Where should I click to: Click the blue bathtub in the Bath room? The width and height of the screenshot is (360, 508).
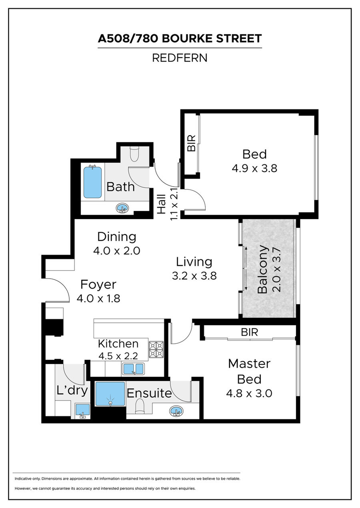(92, 182)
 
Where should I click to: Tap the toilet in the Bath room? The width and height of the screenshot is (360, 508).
(134, 153)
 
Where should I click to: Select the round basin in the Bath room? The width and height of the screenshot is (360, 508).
(122, 208)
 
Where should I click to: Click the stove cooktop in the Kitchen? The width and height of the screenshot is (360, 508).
(156, 349)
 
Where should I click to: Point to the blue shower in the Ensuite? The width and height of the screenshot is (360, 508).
(110, 394)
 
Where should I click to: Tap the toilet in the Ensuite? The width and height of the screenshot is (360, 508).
(139, 406)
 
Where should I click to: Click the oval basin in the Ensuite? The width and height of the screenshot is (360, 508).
(176, 411)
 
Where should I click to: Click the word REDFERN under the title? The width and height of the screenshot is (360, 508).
(180, 58)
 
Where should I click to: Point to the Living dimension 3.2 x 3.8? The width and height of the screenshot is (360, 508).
(194, 276)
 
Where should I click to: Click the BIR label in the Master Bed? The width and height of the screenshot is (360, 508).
(250, 332)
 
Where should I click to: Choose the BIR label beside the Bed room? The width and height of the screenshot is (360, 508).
(191, 143)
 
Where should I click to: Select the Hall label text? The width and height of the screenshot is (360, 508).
(162, 204)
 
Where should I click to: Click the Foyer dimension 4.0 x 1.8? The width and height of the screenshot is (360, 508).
(98, 299)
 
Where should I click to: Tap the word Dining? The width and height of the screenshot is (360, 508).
(117, 237)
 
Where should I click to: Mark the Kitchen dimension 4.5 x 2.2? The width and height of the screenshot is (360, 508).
(118, 356)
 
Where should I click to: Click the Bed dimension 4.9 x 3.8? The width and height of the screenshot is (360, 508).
(254, 169)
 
